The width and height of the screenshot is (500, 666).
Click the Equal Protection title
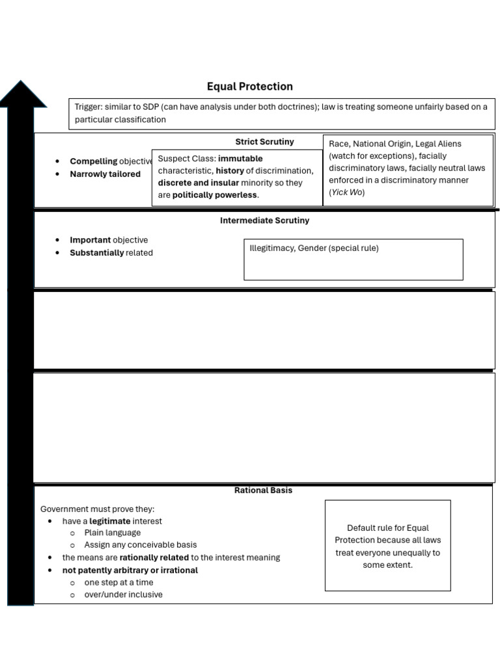pos(250,87)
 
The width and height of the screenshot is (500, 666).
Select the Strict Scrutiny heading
pos(264,142)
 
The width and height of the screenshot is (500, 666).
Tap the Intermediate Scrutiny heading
pos(264,220)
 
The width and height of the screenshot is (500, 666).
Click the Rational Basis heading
pos(263,490)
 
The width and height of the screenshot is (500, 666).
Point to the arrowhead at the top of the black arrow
pos(22,95)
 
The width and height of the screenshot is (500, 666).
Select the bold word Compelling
pos(94,161)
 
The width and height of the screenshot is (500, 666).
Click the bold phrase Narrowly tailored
pos(105,174)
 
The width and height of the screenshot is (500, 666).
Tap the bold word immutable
pos(240,159)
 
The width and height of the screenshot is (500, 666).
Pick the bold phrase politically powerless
pos(214,195)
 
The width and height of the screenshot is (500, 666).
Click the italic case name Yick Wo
pos(346,193)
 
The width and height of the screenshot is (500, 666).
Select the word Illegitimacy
pos(271,248)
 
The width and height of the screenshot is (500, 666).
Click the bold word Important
pos(90,240)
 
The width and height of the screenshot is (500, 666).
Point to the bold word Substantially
pos(96,253)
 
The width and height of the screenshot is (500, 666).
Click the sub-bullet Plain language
pos(112,533)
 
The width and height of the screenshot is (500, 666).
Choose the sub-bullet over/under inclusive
pos(123,594)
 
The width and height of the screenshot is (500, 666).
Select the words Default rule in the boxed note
pos(368,528)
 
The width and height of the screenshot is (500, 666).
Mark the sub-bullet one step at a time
pos(118,583)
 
